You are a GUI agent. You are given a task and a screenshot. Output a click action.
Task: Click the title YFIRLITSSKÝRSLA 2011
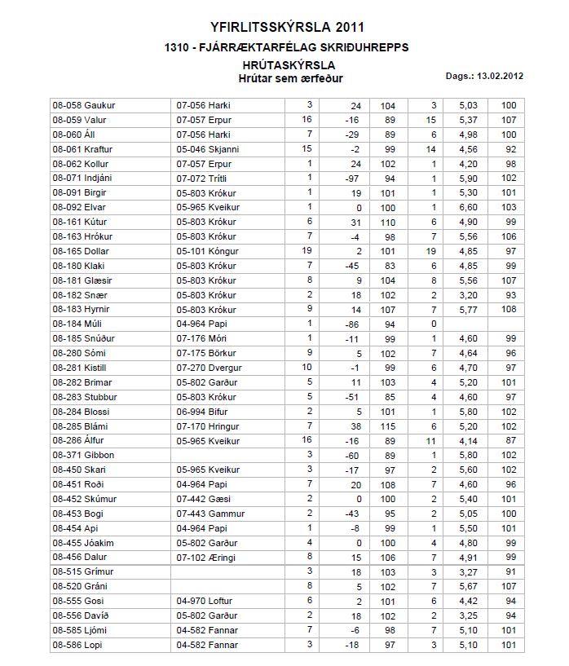286,28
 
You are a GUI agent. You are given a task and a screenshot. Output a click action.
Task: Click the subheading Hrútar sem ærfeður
290,79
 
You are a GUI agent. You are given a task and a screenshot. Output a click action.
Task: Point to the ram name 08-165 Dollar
82,251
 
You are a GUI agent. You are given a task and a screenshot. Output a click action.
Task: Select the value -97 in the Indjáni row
353,179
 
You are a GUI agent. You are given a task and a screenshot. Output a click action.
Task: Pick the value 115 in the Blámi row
388,426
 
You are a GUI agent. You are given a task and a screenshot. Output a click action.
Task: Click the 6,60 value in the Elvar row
467,208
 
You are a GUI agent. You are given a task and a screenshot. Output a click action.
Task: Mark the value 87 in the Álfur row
509,441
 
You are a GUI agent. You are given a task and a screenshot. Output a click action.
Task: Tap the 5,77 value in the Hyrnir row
467,310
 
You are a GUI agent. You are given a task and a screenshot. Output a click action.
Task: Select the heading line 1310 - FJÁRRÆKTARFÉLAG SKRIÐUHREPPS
286,47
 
